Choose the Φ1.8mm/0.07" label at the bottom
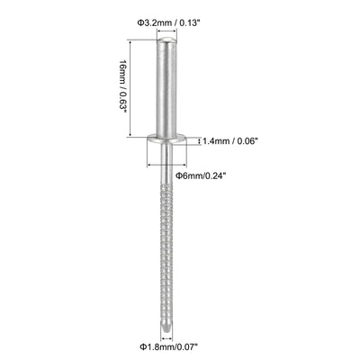pos(169,346)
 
